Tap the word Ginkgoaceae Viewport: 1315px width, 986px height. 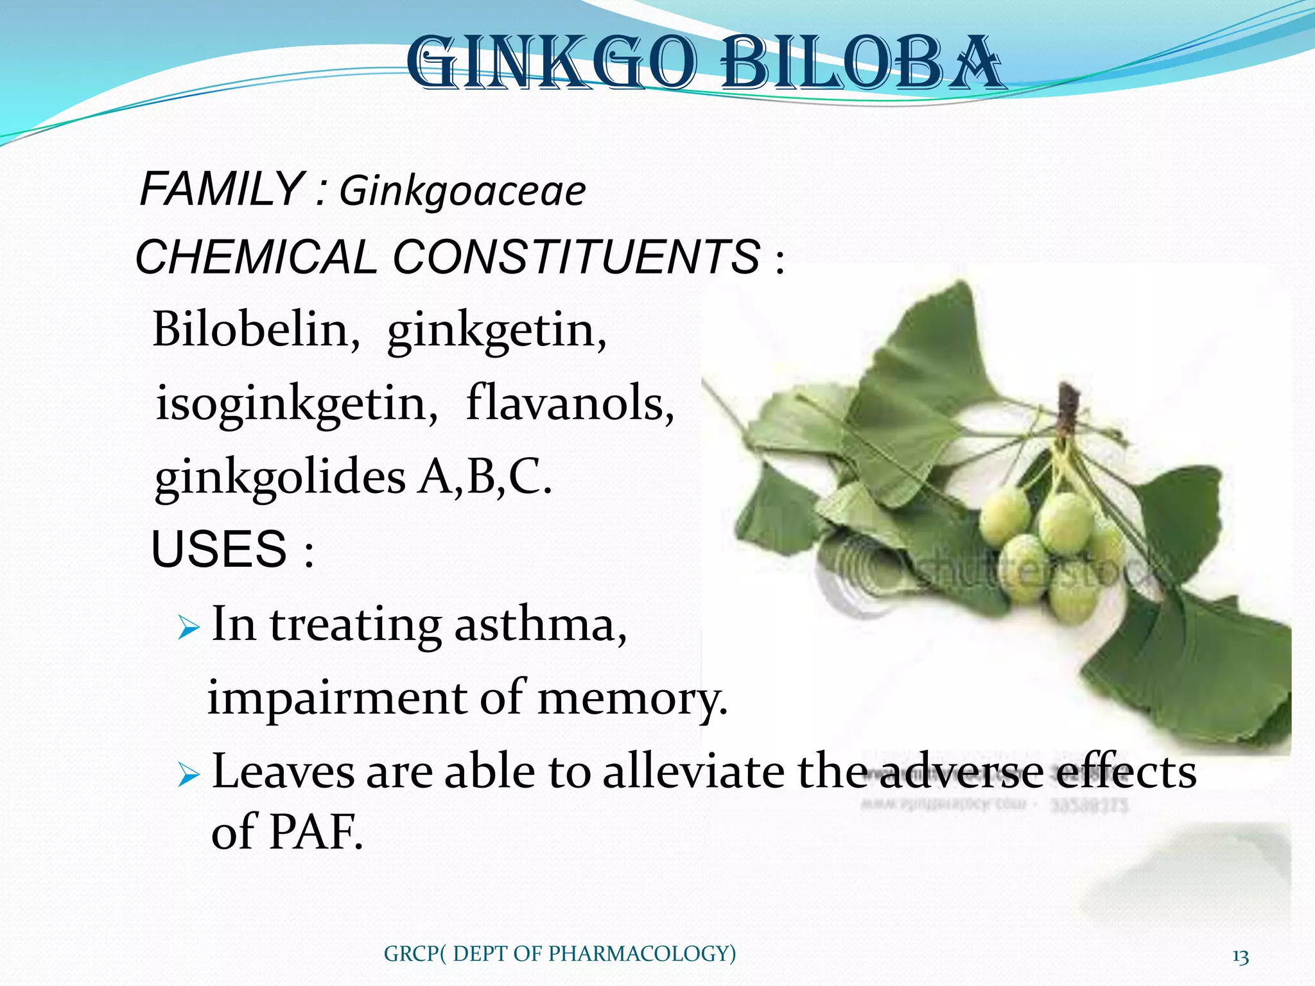click(462, 191)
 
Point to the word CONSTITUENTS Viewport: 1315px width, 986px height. click(576, 257)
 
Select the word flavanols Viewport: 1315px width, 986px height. click(570, 403)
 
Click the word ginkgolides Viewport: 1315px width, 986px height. click(280, 478)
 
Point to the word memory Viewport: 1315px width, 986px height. click(632, 698)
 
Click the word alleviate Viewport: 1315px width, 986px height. click(693, 772)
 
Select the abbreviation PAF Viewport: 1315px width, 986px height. click(314, 832)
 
